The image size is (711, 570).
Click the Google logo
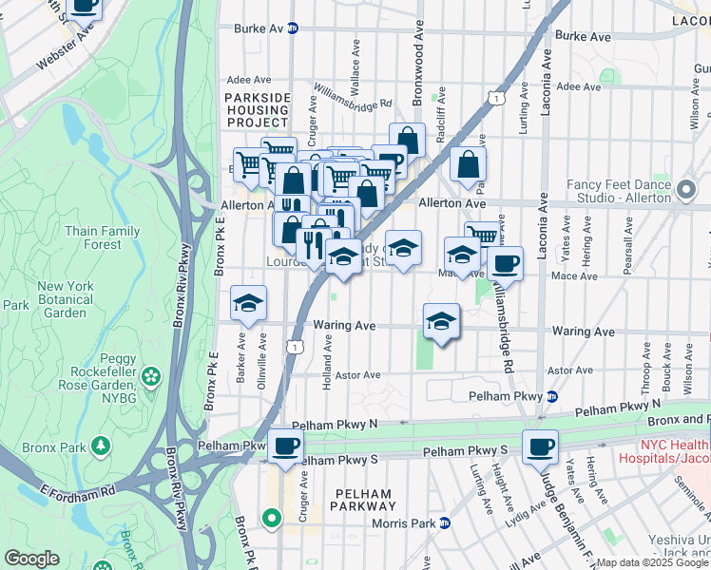point(31,559)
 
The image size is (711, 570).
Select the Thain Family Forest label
point(102,238)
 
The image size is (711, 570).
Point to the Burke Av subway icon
point(293,28)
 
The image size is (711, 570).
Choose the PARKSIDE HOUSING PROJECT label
point(257,110)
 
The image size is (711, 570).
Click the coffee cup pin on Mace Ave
point(505,263)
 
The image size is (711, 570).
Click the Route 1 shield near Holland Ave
point(299,350)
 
